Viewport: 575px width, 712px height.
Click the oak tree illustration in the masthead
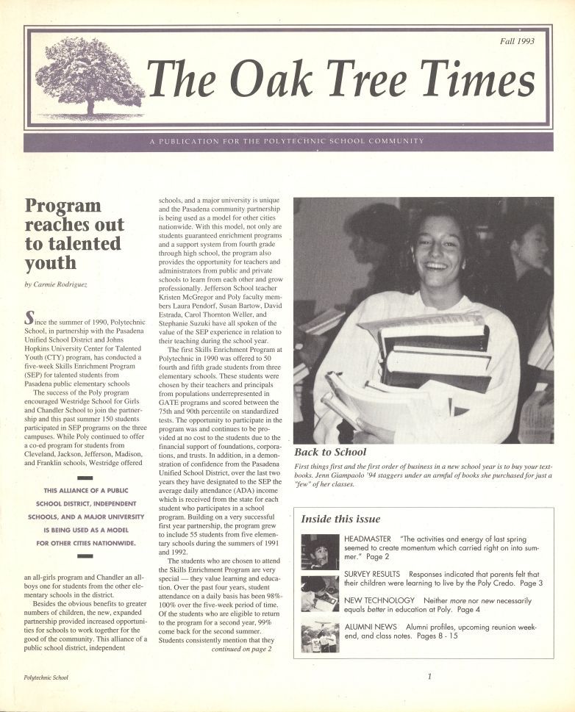point(89,78)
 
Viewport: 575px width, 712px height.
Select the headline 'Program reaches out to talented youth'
point(74,233)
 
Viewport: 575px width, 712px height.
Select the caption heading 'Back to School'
point(330,452)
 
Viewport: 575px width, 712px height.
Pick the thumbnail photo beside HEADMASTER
point(320,552)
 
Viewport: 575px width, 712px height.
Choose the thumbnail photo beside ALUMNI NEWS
point(320,636)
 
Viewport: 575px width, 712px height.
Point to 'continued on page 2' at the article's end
point(241,649)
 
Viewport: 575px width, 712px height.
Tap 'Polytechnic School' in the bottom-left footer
point(45,677)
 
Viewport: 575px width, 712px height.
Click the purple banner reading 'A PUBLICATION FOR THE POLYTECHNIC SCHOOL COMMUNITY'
point(287,141)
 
